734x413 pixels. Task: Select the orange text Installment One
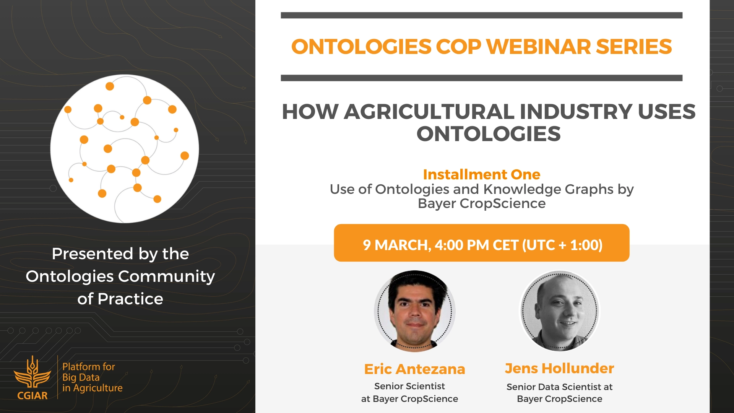point(482,174)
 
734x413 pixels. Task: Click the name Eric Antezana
point(415,369)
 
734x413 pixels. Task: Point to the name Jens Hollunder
point(560,368)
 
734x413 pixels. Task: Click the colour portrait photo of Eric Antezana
point(415,311)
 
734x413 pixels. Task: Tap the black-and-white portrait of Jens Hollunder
point(560,311)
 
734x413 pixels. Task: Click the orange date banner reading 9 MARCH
point(482,243)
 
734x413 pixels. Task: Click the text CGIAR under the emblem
point(32,395)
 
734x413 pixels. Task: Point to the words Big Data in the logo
point(81,377)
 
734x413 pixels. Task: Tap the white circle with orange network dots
point(125,149)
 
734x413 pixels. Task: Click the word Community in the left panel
point(167,276)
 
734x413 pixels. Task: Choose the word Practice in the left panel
point(130,299)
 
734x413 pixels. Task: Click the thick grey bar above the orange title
point(482,15)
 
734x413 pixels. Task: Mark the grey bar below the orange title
point(482,78)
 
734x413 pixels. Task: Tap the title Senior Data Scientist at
point(560,387)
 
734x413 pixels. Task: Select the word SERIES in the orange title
point(634,47)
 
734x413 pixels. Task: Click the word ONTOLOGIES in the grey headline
point(489,134)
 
